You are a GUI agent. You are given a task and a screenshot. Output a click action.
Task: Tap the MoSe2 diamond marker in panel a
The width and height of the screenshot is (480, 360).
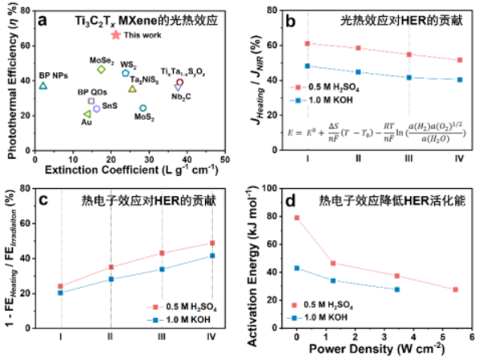click(101, 69)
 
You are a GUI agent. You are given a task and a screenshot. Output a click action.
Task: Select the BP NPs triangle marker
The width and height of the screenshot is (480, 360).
click(43, 86)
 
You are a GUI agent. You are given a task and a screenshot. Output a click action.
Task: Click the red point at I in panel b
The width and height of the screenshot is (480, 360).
click(307, 43)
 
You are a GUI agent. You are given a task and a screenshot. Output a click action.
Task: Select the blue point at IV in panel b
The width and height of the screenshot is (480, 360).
click(459, 80)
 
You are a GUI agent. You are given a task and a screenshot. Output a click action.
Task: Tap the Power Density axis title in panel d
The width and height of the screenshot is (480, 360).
click(376, 350)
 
